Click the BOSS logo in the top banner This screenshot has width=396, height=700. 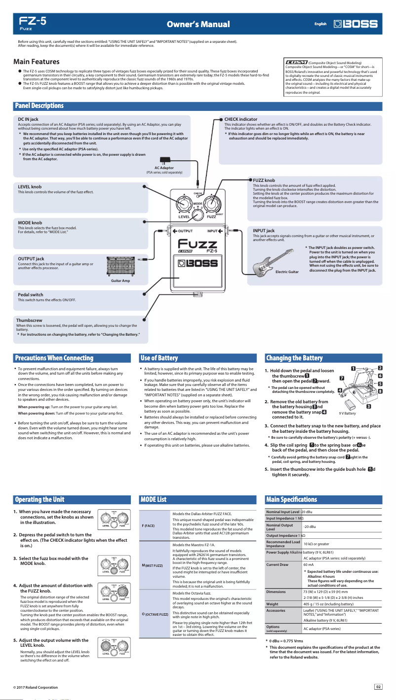pos(356,24)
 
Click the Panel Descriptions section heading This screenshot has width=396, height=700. pos(40,105)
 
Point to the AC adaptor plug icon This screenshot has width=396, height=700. pos(169,160)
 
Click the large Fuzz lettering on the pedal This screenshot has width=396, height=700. pos(198,244)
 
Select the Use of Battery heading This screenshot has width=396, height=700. pos(159,358)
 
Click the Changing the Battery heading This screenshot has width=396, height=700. pos(294,358)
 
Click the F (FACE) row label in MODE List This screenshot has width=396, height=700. pos(148,525)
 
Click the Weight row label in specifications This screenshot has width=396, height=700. pos(273,603)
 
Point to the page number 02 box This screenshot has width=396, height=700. pos(378,686)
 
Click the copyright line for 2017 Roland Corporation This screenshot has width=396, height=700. pos(36,687)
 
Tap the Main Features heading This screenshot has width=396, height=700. pos(37,62)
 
